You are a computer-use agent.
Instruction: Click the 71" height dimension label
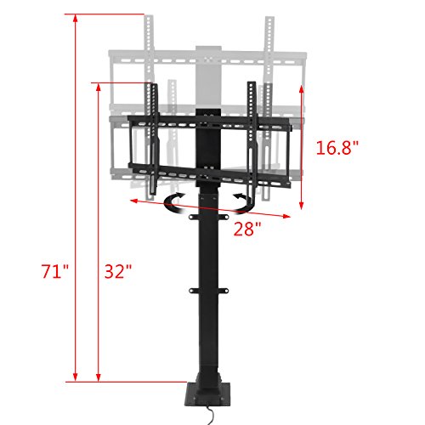coord(54,273)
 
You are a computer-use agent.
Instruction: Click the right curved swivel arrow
coord(245,201)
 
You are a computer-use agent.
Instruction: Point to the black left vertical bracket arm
coord(153,136)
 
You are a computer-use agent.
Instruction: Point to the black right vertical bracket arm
coord(252,136)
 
